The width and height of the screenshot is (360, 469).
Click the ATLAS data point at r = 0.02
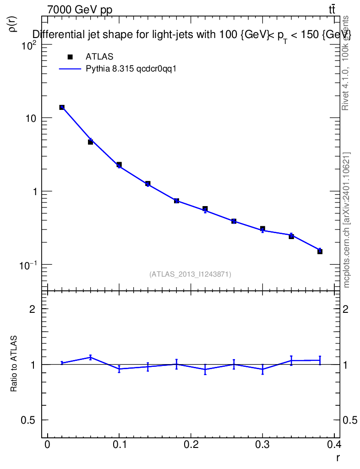click(62, 107)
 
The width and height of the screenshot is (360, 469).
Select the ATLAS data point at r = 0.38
click(320, 251)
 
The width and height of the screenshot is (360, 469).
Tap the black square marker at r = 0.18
click(176, 201)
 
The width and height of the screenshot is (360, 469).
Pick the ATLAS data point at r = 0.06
click(91, 142)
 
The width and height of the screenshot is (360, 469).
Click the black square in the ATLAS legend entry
click(70, 57)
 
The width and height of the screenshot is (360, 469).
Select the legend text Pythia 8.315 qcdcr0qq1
click(131, 69)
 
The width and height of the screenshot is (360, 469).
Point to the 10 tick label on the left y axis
click(34, 118)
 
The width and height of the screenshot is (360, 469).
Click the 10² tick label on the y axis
click(32, 45)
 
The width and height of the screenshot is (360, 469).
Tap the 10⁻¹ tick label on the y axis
click(31, 265)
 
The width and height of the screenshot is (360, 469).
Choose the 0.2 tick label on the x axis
click(191, 445)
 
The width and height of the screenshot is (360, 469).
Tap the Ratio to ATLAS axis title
click(14, 364)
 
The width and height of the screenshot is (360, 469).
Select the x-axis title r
click(338, 458)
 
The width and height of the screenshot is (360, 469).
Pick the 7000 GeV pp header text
click(80, 10)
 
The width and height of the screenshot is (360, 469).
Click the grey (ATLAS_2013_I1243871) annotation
click(190, 274)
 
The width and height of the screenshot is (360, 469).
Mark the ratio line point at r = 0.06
click(91, 357)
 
